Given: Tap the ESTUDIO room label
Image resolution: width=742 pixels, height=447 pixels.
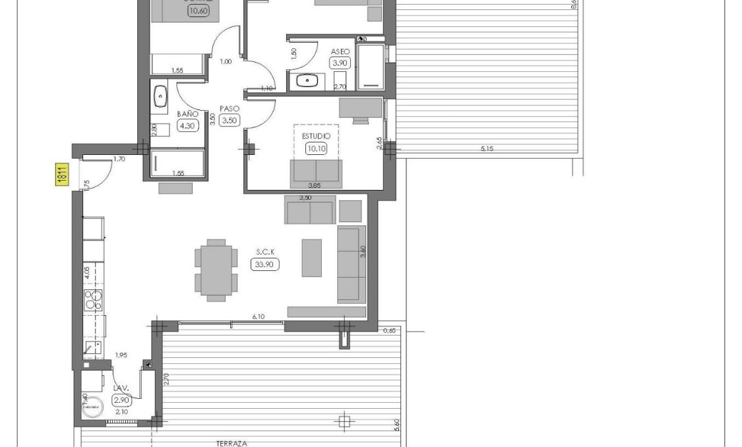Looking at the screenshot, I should pyautogui.click(x=316, y=136).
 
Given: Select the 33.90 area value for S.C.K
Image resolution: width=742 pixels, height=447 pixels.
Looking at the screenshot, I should pyautogui.click(x=265, y=264).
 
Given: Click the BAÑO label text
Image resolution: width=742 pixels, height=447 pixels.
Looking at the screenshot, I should pyautogui.click(x=187, y=114).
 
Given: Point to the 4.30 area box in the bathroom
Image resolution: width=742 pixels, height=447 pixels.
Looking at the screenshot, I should pyautogui.click(x=188, y=125).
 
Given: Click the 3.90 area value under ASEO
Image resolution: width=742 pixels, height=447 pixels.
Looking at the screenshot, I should pyautogui.click(x=340, y=63).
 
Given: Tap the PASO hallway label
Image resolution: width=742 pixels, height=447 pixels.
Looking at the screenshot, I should pyautogui.click(x=229, y=109).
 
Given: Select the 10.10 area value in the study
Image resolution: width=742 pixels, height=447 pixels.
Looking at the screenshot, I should pyautogui.click(x=316, y=148).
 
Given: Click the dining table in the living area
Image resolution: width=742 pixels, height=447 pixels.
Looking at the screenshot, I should pyautogui.click(x=216, y=270).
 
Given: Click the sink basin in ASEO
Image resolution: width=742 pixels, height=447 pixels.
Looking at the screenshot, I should pyautogui.click(x=307, y=81).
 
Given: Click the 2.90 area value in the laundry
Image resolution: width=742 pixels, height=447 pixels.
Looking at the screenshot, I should pyautogui.click(x=121, y=400).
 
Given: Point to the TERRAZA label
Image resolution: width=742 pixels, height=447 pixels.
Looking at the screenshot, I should pyautogui.click(x=232, y=444).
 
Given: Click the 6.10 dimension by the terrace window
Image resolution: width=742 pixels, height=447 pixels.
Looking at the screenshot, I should pyautogui.click(x=259, y=317).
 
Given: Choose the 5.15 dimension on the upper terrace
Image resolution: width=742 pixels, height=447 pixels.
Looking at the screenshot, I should pyautogui.click(x=487, y=149).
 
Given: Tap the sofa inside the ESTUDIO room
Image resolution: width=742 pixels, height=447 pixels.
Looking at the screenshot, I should pyautogui.click(x=316, y=173).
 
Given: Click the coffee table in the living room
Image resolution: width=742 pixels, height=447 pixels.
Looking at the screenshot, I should pyautogui.click(x=312, y=258).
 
